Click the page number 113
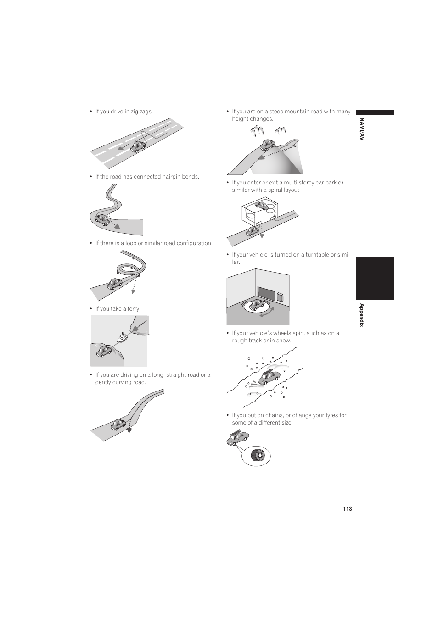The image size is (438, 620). click(348, 509)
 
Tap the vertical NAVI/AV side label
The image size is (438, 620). click(362, 129)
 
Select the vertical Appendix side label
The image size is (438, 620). click(362, 315)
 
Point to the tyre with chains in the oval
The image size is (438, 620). click(258, 456)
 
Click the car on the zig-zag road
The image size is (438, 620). click(138, 146)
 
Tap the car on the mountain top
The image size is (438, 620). click(268, 145)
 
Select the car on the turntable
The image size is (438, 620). click(257, 305)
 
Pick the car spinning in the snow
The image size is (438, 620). click(269, 377)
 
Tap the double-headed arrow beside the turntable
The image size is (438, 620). click(267, 312)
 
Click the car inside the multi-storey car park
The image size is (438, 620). click(261, 205)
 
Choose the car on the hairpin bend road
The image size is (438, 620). click(102, 219)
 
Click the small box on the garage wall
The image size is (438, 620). click(280, 297)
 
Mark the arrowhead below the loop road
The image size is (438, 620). click(133, 291)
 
